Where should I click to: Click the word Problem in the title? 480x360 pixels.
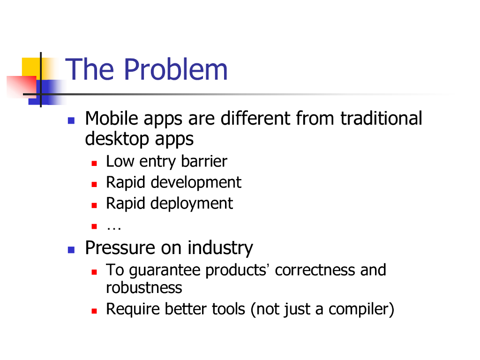coord(176,69)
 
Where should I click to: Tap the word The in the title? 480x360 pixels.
coord(90,69)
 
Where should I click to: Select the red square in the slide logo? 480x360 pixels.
coord(22,87)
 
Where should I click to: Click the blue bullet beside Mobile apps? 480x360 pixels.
coord(71,120)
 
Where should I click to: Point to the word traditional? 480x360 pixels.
coord(382,118)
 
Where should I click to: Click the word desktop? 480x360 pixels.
coord(117,139)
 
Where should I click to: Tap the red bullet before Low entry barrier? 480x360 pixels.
coord(94,164)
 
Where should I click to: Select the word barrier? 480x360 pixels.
coord(204,161)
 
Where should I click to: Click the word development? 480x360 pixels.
coord(196,183)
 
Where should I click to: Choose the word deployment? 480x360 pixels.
coord(192,203)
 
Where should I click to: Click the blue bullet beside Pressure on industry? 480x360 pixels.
coord(71,250)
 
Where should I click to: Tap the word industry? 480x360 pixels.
coord(220,248)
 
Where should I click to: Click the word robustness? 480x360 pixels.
coord(144,288)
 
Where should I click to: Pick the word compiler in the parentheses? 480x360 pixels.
coord(359,309)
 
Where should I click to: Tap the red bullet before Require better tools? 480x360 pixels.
coord(94,311)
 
